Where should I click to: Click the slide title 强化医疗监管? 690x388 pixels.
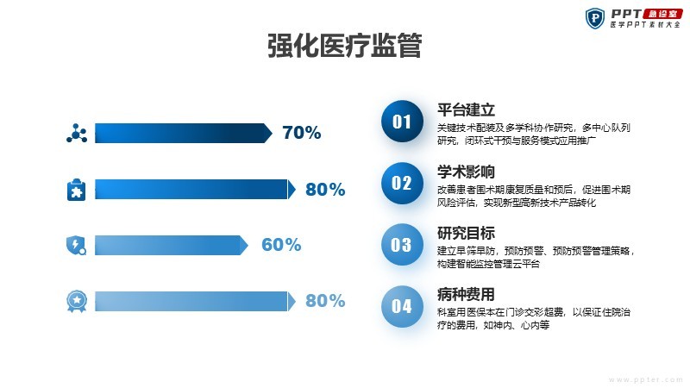point(345,46)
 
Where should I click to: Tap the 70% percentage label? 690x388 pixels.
point(302,133)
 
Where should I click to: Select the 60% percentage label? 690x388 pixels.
point(281,245)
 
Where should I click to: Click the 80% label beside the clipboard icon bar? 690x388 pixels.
point(325,189)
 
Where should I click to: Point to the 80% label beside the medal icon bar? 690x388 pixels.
point(325,301)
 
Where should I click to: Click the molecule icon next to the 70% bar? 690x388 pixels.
point(77,134)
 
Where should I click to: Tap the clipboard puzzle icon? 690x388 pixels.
point(77,190)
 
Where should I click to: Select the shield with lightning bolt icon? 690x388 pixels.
point(77,246)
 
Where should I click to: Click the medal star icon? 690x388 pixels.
point(77,301)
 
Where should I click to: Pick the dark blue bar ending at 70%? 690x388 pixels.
point(184,133)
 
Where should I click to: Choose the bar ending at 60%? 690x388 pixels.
point(172,245)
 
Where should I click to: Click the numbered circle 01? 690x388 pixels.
point(402,122)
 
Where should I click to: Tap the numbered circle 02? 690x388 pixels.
point(402,183)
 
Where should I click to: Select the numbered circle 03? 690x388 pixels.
point(402,245)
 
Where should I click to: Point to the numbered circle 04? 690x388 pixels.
point(402,306)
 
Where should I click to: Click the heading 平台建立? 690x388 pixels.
point(466,110)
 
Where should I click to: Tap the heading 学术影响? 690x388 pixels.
point(466,172)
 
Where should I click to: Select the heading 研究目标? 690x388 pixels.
point(466,233)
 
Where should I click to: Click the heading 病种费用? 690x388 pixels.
point(466,294)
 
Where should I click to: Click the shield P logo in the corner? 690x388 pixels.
point(595,18)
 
